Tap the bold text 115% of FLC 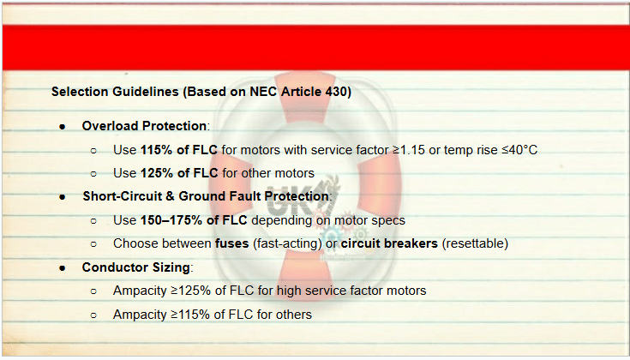click(x=179, y=150)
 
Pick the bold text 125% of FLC click(x=179, y=173)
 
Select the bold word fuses click(x=231, y=243)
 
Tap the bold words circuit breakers click(x=389, y=243)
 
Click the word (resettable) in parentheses click(x=475, y=243)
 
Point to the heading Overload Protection click(x=144, y=126)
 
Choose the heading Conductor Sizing click(x=135, y=267)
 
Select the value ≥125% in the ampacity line click(x=191, y=291)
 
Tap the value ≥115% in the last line click(x=190, y=315)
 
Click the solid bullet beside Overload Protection click(x=62, y=127)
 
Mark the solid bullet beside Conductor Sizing click(x=62, y=268)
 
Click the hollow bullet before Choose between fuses click(x=93, y=244)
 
